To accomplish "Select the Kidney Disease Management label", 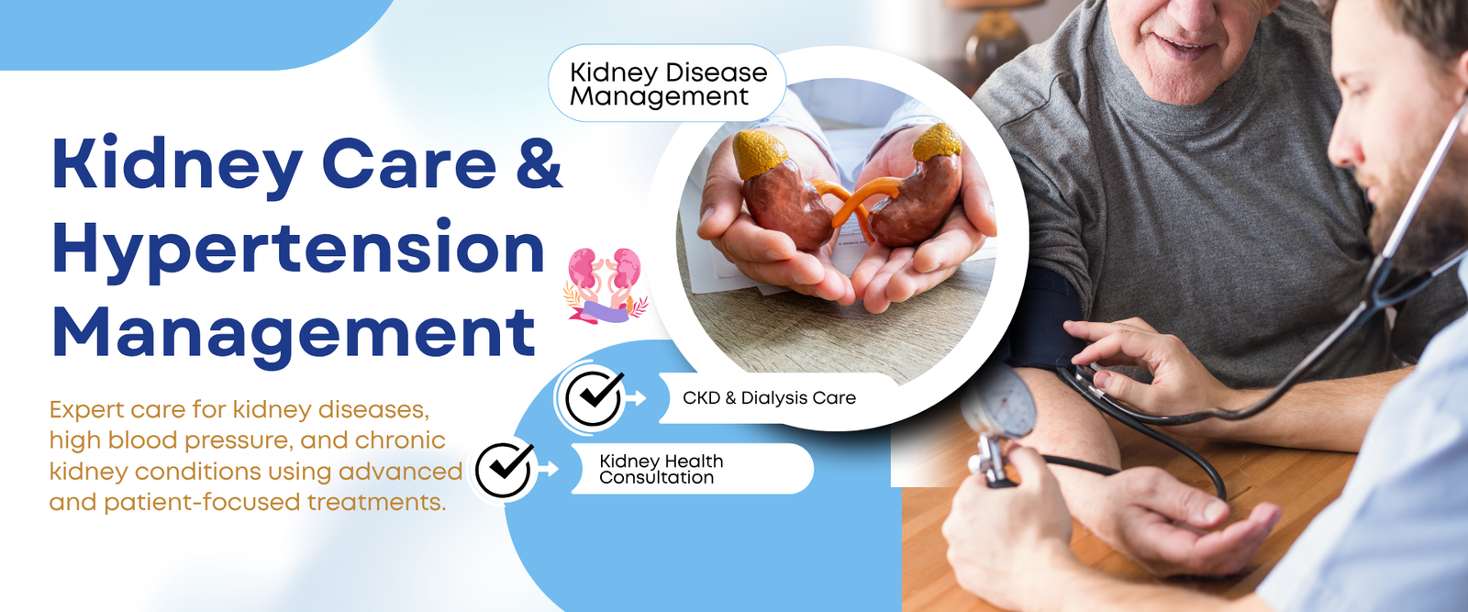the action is tap(668, 83).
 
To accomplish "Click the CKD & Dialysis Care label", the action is tap(769, 397).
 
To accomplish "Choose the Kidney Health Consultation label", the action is tap(661, 469).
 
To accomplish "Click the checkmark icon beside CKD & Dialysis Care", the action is tap(594, 397).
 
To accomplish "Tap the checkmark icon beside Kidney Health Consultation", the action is tap(504, 469).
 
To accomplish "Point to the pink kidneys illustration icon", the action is tap(605, 285).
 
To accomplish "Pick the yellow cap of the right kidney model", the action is tap(937, 141).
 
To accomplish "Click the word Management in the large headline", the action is tap(293, 334).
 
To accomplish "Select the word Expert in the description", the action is tap(85, 411).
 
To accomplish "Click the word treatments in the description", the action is tap(376, 502).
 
